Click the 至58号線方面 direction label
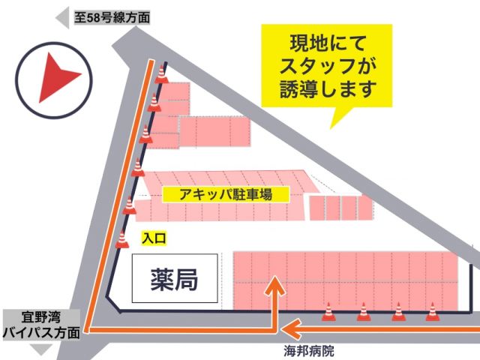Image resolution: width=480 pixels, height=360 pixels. [112, 15]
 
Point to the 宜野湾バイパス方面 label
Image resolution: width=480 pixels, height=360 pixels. [40, 325]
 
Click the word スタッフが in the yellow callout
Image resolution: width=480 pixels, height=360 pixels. [328, 65]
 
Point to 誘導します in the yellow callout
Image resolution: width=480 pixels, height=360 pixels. [328, 89]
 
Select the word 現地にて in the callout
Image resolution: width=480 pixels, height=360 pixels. [328, 42]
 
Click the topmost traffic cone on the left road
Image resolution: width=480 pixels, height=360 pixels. [162, 74]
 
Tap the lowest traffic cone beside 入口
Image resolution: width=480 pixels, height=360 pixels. [122, 239]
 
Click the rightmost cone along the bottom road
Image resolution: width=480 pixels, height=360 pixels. [432, 312]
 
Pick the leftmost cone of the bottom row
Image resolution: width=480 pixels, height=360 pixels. [328, 312]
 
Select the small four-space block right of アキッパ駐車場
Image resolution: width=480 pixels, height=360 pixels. [340, 208]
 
